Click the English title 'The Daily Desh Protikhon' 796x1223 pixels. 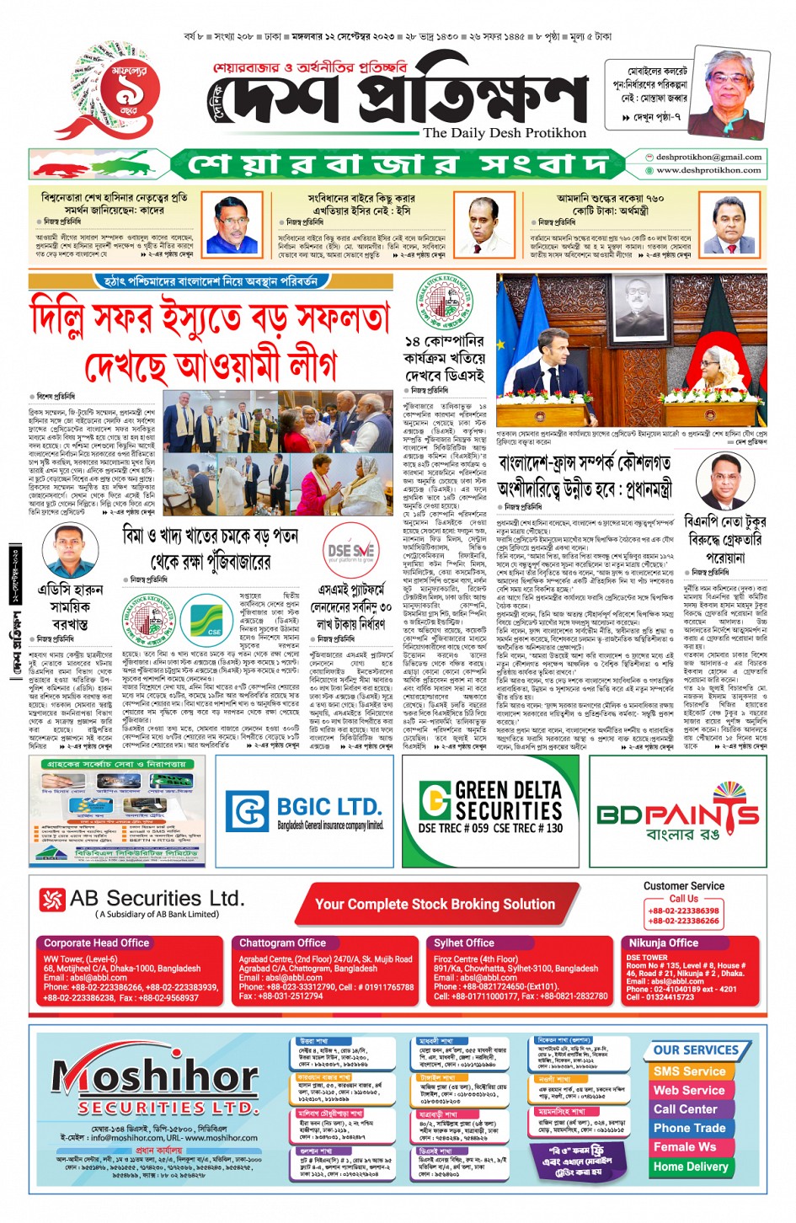point(504,133)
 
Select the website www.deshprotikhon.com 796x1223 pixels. point(708,170)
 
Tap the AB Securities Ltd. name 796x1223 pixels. point(156,899)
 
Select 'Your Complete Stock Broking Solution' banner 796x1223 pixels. point(435,905)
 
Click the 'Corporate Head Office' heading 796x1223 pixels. point(96,943)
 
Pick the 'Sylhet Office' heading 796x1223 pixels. point(463,943)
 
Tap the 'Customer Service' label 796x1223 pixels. point(683,886)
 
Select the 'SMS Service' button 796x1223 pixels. point(689,1071)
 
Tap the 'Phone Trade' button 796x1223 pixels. point(689,1128)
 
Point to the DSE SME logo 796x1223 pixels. point(351,553)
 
